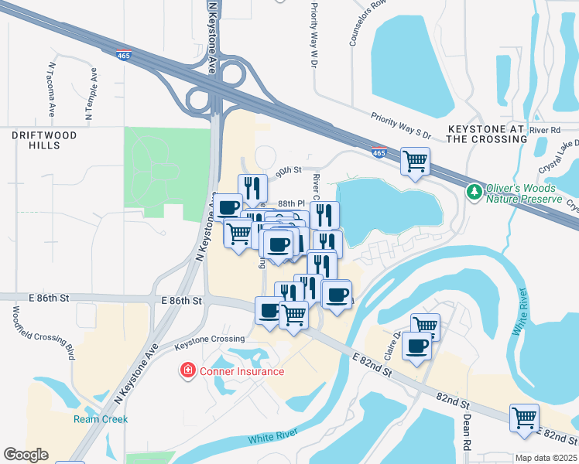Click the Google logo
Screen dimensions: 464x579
pyautogui.click(x=26, y=455)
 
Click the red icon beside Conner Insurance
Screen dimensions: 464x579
pyautogui.click(x=187, y=371)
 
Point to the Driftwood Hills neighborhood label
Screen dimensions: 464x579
pyautogui.click(x=44, y=141)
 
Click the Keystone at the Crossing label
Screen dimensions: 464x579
pyautogui.click(x=487, y=133)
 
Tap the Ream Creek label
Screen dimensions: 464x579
pyautogui.click(x=101, y=419)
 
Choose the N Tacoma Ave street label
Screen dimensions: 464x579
pyautogui.click(x=52, y=90)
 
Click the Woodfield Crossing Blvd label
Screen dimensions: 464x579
pyautogui.click(x=43, y=333)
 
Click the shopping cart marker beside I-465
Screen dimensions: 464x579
pyautogui.click(x=416, y=162)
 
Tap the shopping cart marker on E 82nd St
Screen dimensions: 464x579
pyautogui.click(x=525, y=418)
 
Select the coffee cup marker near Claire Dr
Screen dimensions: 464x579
pyautogui.click(x=417, y=346)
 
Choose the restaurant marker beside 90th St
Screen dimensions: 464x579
pyautogui.click(x=252, y=188)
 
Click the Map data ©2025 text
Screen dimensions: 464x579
pyautogui.click(x=546, y=458)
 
